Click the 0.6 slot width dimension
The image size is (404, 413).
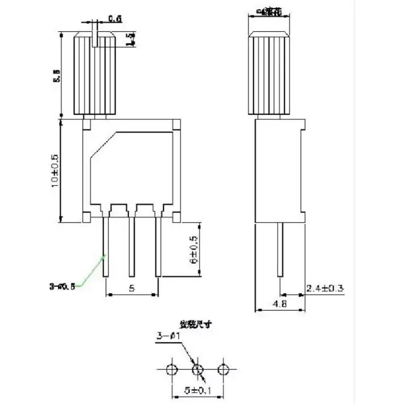pyautogui.click(x=115, y=18)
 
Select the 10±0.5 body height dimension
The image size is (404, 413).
pyautogui.click(x=55, y=169)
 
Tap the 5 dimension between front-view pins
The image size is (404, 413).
pyautogui.click(x=132, y=288)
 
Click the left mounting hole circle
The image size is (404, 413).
pyautogui.click(x=170, y=370)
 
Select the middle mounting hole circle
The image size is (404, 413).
pyautogui.click(x=197, y=370)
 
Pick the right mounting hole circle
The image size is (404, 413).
pyautogui.click(x=225, y=370)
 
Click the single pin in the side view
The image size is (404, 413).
pyautogui.click(x=280, y=250)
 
